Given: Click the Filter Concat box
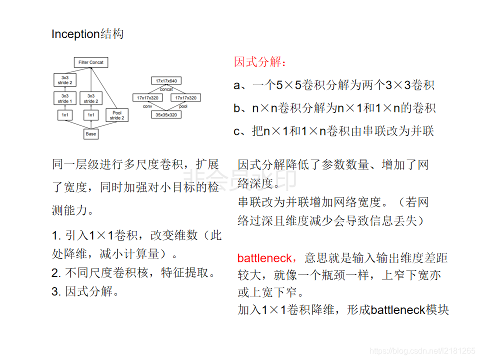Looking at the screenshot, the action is tap(90, 62).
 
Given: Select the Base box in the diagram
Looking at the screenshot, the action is tap(90, 134).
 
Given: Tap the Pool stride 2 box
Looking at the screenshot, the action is tap(116, 115).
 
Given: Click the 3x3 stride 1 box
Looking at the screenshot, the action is tap(65, 98).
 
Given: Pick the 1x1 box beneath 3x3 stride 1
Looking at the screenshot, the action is tap(65, 115).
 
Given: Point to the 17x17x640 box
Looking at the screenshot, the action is tap(166, 80).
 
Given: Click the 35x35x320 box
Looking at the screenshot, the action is tap(166, 114).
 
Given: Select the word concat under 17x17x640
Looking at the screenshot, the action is tap(166, 89).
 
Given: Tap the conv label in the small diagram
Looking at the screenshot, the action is tap(147, 106).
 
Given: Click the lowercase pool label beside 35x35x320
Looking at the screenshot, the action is tap(183, 106).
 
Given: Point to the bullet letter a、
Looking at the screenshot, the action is tap(241, 85).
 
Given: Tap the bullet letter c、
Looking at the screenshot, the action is tap(241, 131).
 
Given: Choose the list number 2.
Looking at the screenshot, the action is tap(55, 273).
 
